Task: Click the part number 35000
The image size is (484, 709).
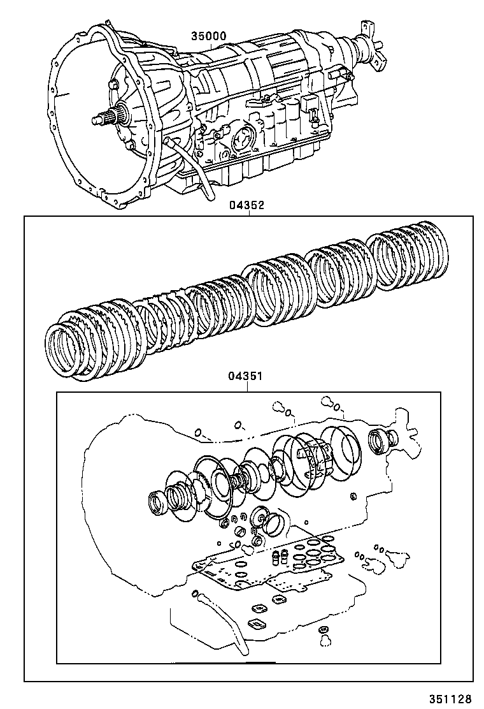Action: pyautogui.click(x=208, y=36)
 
